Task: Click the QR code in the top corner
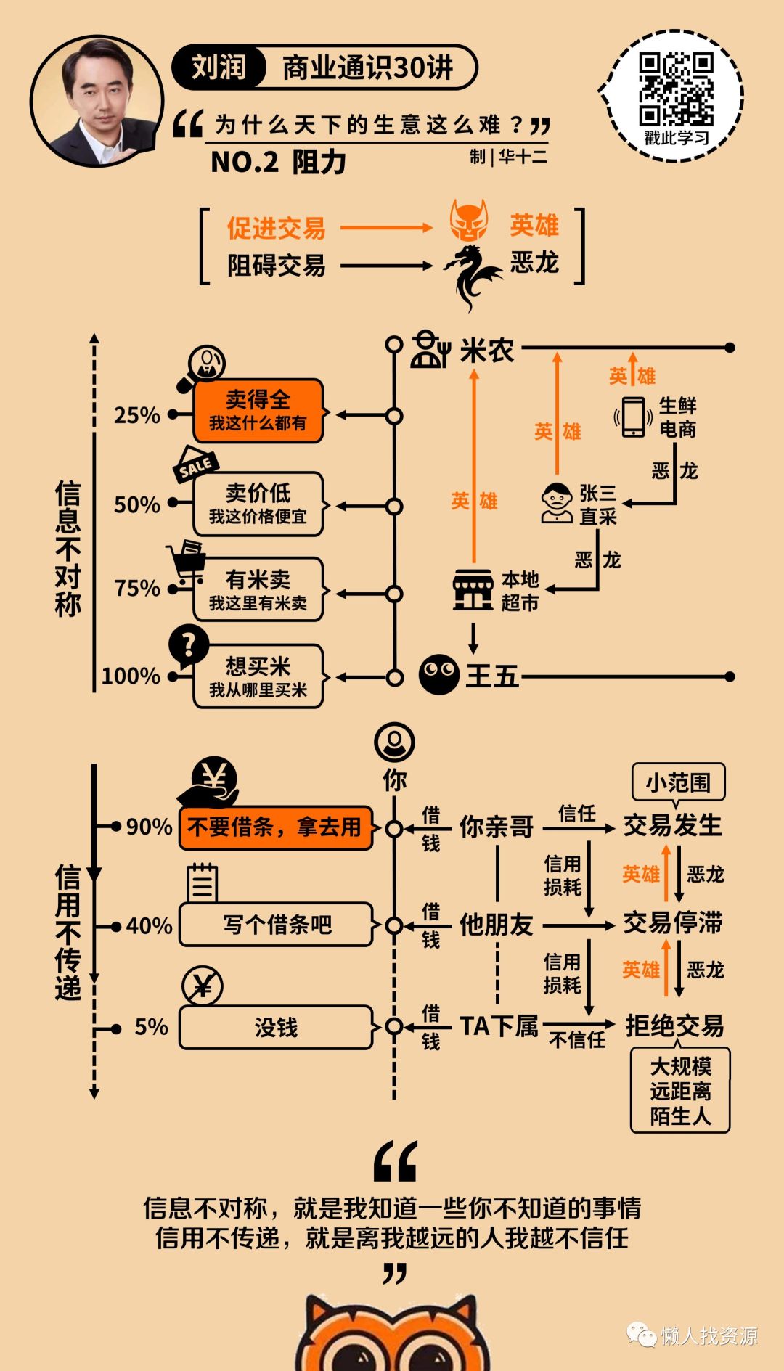[x=676, y=90]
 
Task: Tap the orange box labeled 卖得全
[x=258, y=411]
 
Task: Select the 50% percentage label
[x=136, y=504]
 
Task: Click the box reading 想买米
[x=258, y=676]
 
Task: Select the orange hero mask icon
[x=468, y=221]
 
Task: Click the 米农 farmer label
[x=486, y=351]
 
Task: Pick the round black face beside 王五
[x=439, y=675]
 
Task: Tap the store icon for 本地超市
[x=473, y=590]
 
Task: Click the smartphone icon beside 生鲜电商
[x=633, y=417]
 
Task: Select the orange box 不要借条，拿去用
[x=275, y=827]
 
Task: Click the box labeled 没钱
[x=275, y=1027]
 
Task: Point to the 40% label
[x=149, y=926]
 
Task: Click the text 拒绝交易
[x=674, y=1026]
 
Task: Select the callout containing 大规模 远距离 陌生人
[x=680, y=1090]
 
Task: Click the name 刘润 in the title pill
[x=219, y=67]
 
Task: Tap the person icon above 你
[x=394, y=742]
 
